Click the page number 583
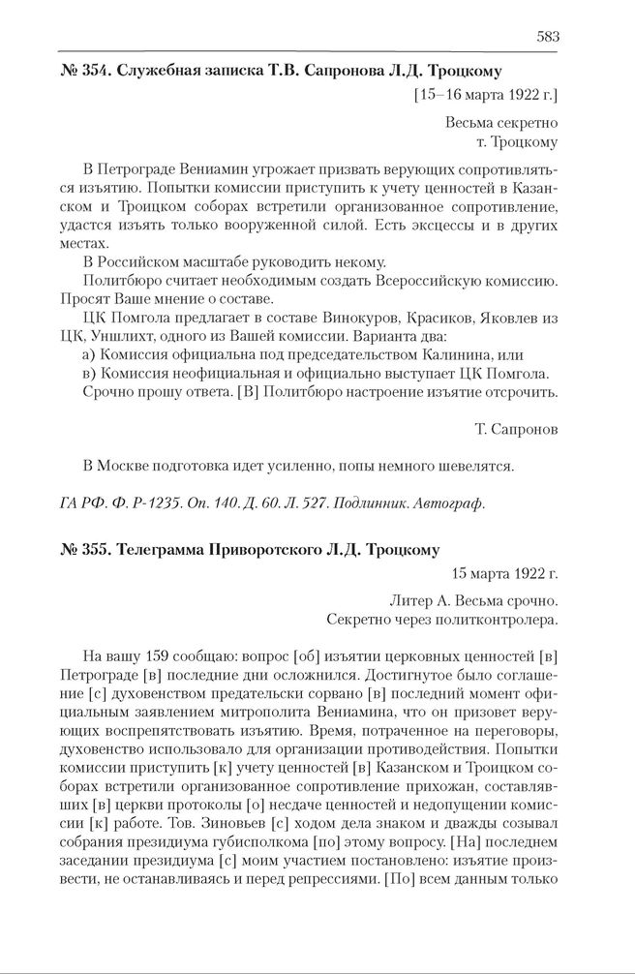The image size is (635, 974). [x=547, y=37]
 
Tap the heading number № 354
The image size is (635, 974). [x=80, y=71]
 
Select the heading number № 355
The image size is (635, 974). [x=80, y=549]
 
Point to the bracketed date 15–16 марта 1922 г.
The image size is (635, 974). [x=486, y=96]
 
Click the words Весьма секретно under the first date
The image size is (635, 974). [x=501, y=124]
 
